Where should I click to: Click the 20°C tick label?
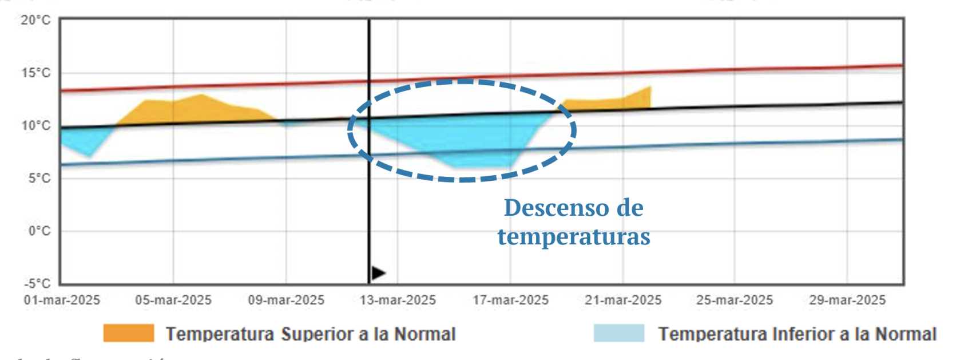tap(35, 21)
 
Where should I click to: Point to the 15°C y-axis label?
tap(35, 73)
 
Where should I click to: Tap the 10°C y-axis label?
tap(35, 126)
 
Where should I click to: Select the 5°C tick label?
tap(38, 179)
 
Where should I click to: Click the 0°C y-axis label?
tap(38, 231)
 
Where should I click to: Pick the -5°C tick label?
tap(37, 284)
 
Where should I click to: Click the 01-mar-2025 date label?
tap(62, 300)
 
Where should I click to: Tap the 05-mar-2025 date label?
tap(173, 300)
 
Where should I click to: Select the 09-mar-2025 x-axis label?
tap(286, 300)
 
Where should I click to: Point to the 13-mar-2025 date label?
tap(398, 300)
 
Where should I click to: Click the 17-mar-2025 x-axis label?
tap(510, 300)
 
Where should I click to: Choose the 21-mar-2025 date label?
tap(623, 300)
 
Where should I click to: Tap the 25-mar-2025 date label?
tap(735, 300)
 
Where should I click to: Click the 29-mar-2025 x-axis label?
tap(847, 300)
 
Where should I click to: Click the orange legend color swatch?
tap(129, 334)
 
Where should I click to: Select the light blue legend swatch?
tap(618, 334)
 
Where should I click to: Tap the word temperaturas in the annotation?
tap(574, 236)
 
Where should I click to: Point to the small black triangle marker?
tap(378, 273)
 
